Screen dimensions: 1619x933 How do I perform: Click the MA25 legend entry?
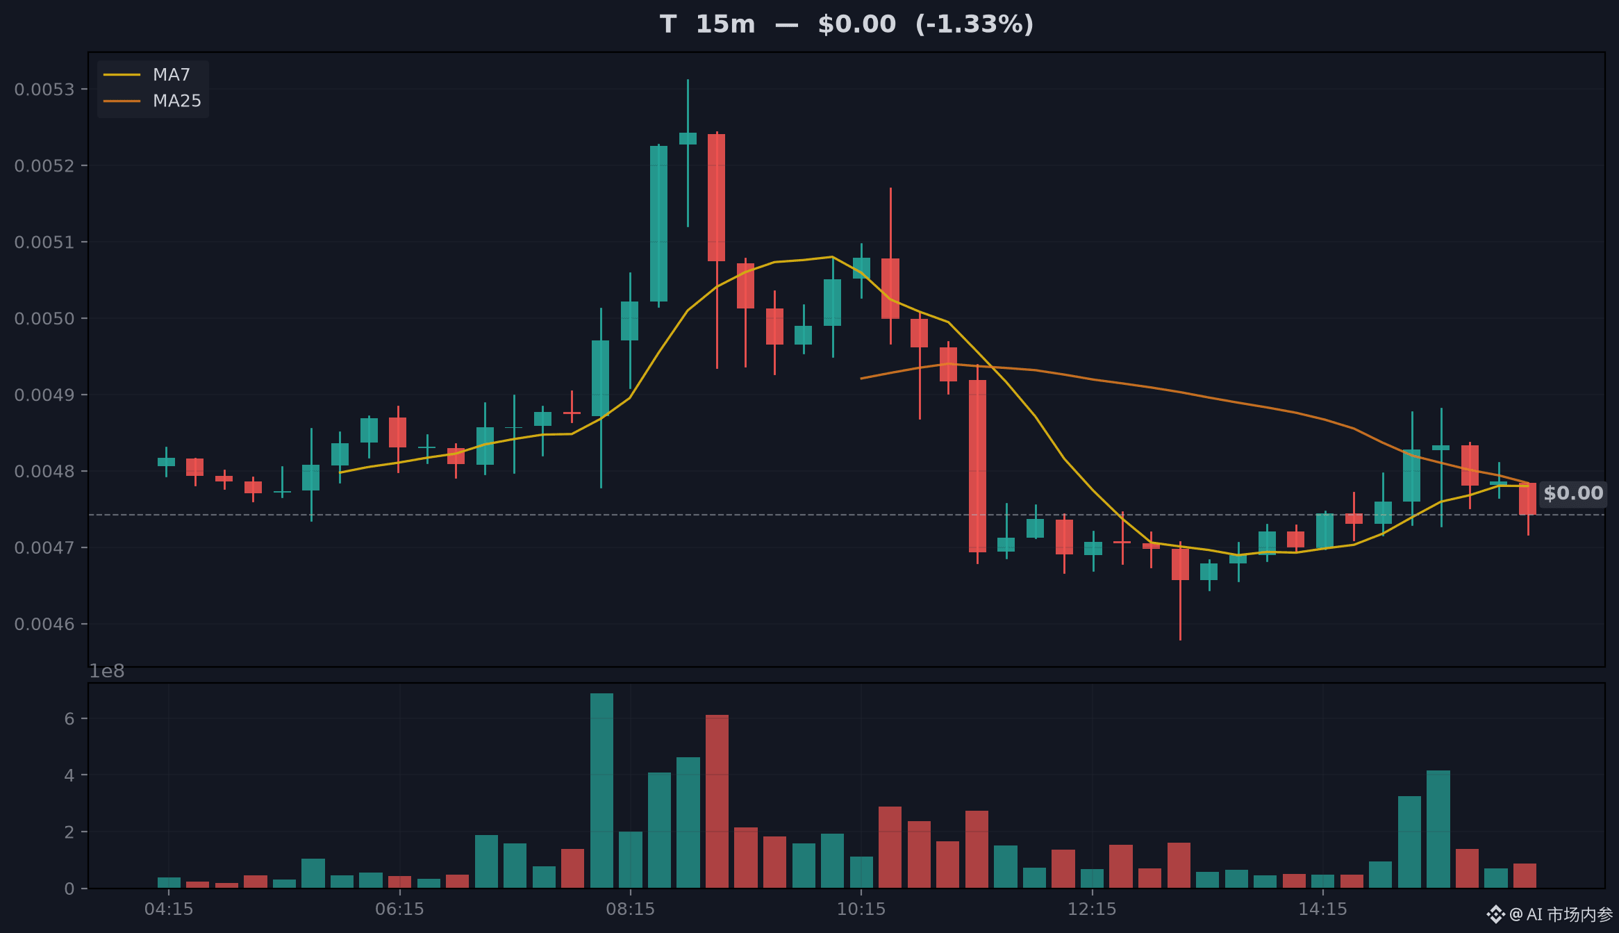(152, 101)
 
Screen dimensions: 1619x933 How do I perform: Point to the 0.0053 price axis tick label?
(44, 90)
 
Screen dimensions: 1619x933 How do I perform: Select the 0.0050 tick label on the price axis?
(44, 319)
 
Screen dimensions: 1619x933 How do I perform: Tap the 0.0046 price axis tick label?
(44, 625)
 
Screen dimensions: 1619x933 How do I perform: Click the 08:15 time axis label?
(631, 909)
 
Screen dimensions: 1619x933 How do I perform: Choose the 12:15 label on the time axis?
(1092, 909)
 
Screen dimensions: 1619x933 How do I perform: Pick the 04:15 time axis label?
(169, 909)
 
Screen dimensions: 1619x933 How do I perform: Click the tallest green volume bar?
(601, 791)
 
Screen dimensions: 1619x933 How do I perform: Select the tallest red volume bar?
(717, 801)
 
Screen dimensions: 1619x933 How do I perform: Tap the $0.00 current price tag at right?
(1573, 493)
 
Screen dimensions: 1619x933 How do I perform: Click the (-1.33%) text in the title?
(974, 24)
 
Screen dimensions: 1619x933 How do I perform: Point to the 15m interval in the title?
(725, 24)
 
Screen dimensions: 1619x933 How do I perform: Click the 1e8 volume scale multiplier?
(106, 671)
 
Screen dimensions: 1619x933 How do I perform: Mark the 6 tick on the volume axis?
(69, 718)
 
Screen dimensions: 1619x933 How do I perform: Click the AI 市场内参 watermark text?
(1569, 914)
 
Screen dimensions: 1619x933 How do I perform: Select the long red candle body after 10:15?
(977, 466)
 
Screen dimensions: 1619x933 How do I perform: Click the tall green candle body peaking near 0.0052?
(658, 224)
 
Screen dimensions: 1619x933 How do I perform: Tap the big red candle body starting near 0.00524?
(717, 197)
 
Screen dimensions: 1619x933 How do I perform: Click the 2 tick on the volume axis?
(69, 832)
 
